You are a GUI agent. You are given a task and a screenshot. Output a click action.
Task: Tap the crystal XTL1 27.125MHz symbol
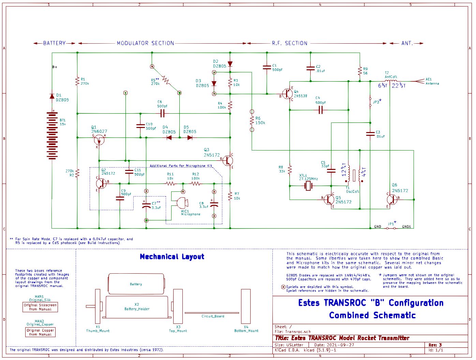point(309,186)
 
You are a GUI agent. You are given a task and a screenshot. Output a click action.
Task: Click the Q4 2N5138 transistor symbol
point(288,94)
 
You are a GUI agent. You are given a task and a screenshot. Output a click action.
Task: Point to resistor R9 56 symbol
point(360,71)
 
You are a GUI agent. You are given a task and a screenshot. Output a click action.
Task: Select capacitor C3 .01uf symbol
point(370,134)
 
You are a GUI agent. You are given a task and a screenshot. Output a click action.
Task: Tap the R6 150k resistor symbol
point(252,120)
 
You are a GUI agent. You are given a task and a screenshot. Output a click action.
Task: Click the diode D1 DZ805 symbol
point(52,96)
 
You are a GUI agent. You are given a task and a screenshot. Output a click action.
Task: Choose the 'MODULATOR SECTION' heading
point(146,43)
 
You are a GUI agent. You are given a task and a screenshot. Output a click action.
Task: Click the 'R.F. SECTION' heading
point(289,43)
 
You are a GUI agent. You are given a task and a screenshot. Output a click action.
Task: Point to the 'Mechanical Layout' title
point(172,257)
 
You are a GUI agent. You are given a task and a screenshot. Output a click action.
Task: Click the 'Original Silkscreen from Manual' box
point(40,307)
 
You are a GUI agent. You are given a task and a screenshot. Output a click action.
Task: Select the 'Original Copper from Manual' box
point(40,332)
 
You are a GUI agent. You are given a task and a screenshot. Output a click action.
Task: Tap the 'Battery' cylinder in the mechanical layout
point(136,284)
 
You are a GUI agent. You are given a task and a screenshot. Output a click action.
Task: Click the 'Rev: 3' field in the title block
point(435,345)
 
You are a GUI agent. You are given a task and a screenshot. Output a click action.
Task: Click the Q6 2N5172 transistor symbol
point(392,199)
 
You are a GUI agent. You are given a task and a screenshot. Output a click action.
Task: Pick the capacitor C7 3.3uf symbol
point(146,206)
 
